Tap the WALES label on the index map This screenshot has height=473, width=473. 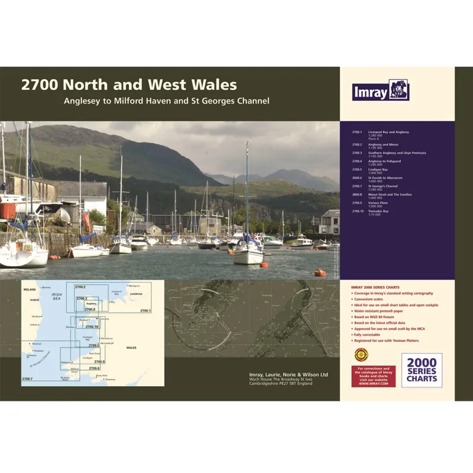pyautogui.click(x=131, y=348)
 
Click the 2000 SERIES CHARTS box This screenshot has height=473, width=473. pyautogui.click(x=422, y=370)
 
